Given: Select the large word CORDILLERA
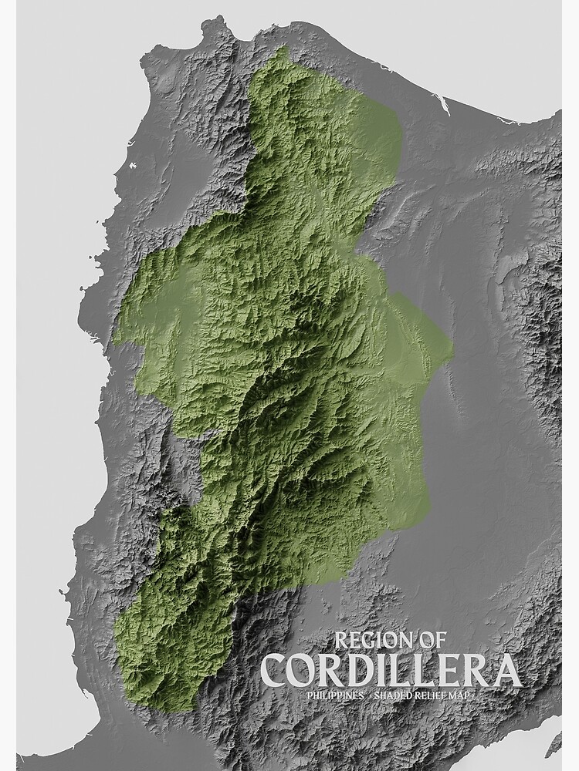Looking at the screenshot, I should coord(391,671).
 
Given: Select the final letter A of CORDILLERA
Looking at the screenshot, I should coord(506,671).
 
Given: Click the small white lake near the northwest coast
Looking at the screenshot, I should coord(133,164).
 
